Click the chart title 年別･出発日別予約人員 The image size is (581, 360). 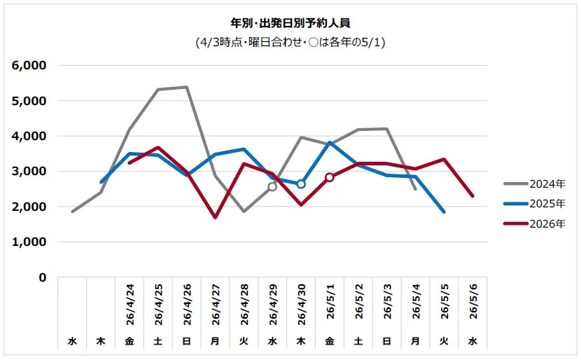[x=290, y=23]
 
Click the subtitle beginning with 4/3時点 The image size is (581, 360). [x=290, y=42]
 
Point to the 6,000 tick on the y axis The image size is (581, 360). [x=29, y=65]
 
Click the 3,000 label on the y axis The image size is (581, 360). [x=29, y=171]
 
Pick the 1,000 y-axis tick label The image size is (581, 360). [x=29, y=242]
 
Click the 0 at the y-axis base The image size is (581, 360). [x=42, y=277]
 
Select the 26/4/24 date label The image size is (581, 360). [x=129, y=301]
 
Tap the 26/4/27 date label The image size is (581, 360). [x=216, y=301]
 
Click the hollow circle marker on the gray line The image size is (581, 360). [x=272, y=187]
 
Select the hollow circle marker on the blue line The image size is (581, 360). [x=301, y=184]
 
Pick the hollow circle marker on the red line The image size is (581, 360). [x=330, y=177]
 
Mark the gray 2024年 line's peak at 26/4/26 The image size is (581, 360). [x=187, y=87]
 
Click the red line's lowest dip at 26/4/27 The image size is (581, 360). [x=216, y=217]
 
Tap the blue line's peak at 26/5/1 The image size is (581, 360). [x=330, y=143]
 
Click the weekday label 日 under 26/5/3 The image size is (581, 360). [x=387, y=342]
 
